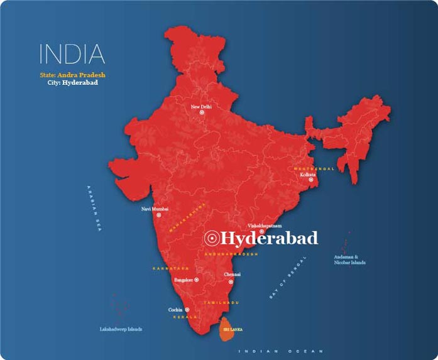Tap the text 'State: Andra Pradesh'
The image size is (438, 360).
pos(72,75)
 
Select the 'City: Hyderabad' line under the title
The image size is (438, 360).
pos(72,82)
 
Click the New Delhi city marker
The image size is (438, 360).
pos(202,113)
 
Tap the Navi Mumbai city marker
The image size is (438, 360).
pos(158,215)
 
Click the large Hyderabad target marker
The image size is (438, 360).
pos(212,238)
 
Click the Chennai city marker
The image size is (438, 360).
pos(233,281)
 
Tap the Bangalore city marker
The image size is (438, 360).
pos(197,280)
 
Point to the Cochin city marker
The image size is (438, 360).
pos(187,310)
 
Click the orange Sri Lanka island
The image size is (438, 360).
pos(227,330)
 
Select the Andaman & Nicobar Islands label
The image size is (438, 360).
pos(350,259)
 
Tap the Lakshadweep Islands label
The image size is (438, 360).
pos(121,329)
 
